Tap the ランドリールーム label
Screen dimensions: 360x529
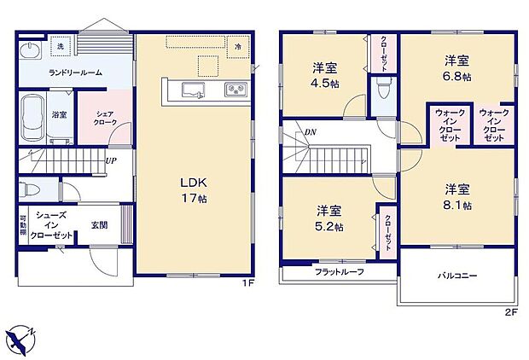pos(75,73)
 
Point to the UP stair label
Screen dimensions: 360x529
pos(111,160)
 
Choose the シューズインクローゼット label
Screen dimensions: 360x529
pos(52,225)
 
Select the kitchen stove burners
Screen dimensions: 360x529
pos(235,90)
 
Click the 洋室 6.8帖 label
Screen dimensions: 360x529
pos(457,67)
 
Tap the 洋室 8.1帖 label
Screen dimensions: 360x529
pos(457,195)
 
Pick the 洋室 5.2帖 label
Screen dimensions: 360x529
pos(329,219)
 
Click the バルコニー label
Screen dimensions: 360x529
pos(457,276)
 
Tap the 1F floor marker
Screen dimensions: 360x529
pos(247,283)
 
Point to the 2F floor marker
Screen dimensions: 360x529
pos(511,312)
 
